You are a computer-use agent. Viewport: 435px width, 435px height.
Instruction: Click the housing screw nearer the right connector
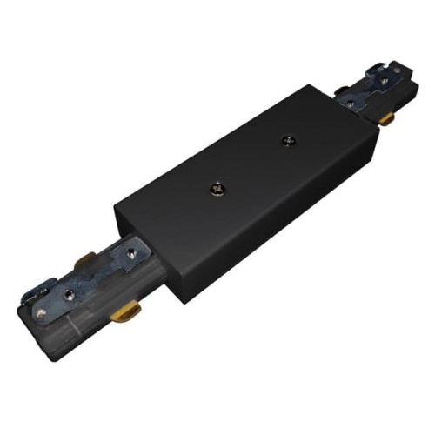(284, 140)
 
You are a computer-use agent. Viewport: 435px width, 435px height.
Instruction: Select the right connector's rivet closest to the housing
(347, 103)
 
